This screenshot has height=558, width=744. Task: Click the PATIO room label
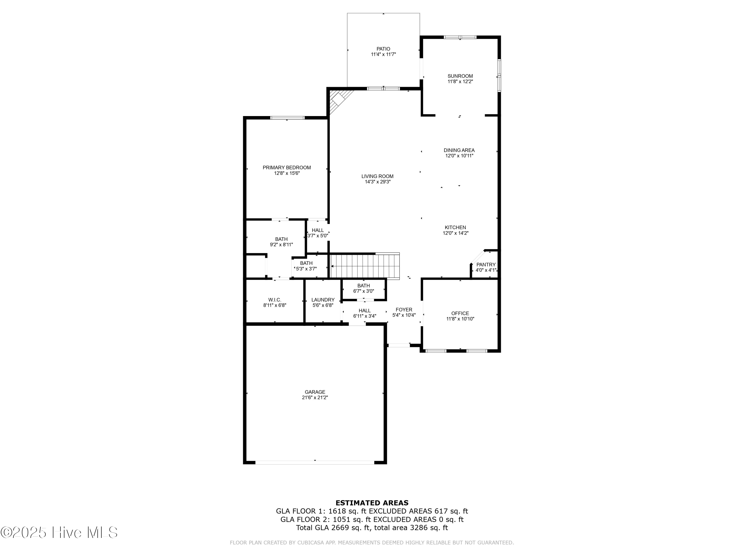(x=383, y=49)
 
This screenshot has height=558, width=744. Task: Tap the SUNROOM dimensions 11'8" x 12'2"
(x=460, y=81)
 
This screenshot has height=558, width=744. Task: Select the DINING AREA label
(x=459, y=150)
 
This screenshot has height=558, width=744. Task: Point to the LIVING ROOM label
(x=377, y=176)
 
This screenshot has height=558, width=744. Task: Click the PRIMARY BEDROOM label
(x=287, y=167)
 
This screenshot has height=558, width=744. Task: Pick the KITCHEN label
(x=455, y=227)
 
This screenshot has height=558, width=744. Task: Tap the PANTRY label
(x=486, y=265)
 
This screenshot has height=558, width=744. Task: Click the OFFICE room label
(x=460, y=313)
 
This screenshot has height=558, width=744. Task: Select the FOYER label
(x=404, y=310)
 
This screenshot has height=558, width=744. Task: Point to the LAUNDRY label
(x=323, y=300)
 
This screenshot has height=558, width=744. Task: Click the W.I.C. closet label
(x=275, y=300)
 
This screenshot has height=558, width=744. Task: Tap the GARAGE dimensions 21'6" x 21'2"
(x=315, y=398)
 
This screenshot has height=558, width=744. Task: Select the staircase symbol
(x=365, y=266)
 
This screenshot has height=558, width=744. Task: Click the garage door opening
(x=315, y=463)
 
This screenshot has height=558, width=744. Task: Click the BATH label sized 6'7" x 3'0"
(x=364, y=285)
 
